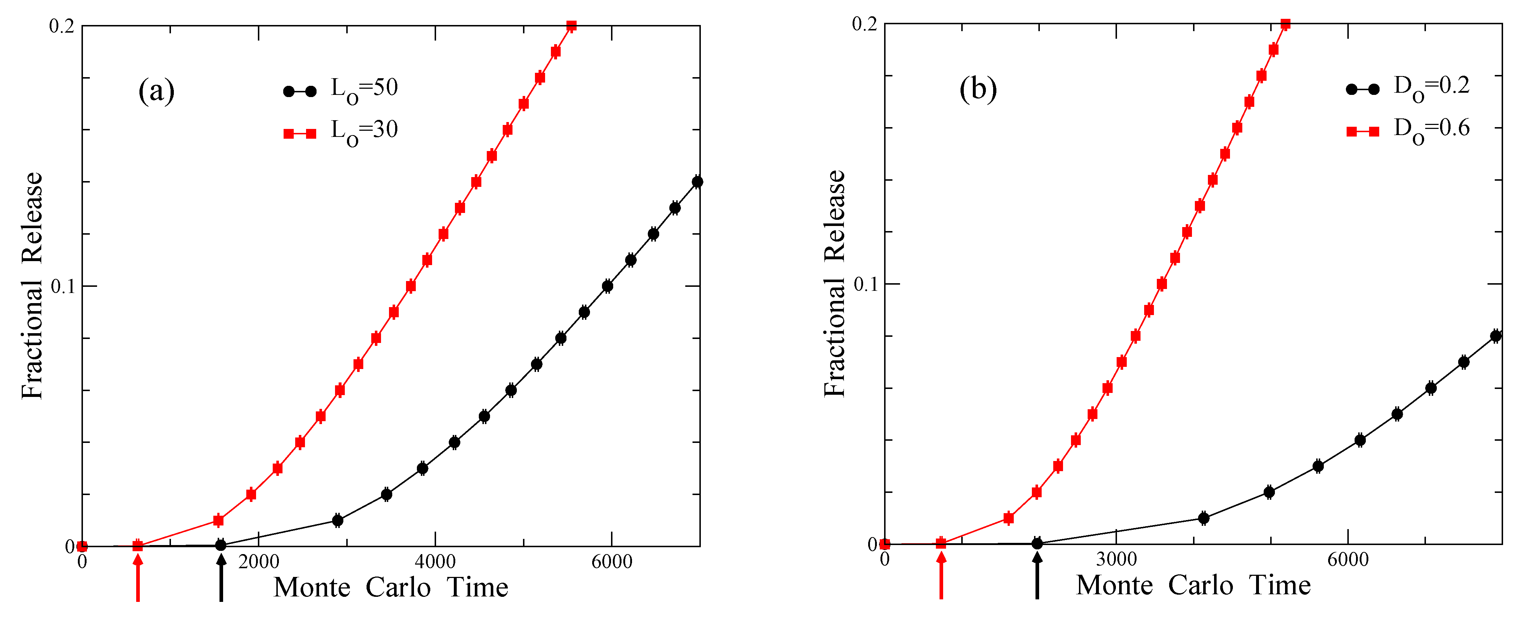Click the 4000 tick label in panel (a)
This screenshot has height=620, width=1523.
(435, 561)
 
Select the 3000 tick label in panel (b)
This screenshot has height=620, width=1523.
(1116, 559)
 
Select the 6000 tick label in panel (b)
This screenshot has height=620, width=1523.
(1348, 559)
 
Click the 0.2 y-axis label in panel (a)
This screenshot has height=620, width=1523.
(62, 26)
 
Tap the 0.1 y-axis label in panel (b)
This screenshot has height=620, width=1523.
(866, 284)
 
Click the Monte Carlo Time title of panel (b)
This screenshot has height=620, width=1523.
(1193, 585)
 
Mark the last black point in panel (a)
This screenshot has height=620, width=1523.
(697, 182)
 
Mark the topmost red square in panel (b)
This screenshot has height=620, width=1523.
(1285, 24)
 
